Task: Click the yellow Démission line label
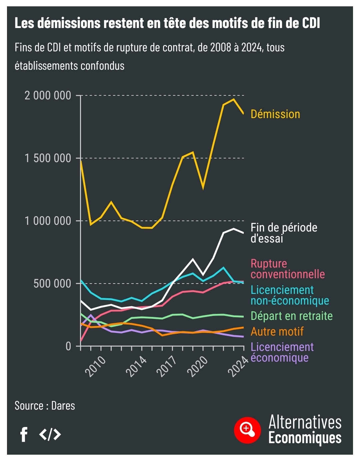[x=275, y=114]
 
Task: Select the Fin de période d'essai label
[x=284, y=233]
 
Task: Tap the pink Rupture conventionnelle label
[x=287, y=269]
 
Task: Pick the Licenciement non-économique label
[x=290, y=295]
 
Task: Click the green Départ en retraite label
[x=292, y=316]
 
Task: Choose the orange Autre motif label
[x=277, y=332]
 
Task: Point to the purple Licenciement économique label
[x=282, y=352]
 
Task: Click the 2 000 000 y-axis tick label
[x=48, y=96]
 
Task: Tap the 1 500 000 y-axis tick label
[x=48, y=158]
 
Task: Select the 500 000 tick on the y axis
[x=52, y=284]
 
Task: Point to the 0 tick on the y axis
[x=68, y=346]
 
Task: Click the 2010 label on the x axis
[x=96, y=366]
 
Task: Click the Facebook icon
[x=24, y=434]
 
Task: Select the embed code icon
[x=50, y=434]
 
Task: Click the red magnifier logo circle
[x=247, y=430]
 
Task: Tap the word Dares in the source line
[x=63, y=406]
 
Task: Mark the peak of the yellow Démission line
[x=233, y=99]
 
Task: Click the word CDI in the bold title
[x=311, y=23]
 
